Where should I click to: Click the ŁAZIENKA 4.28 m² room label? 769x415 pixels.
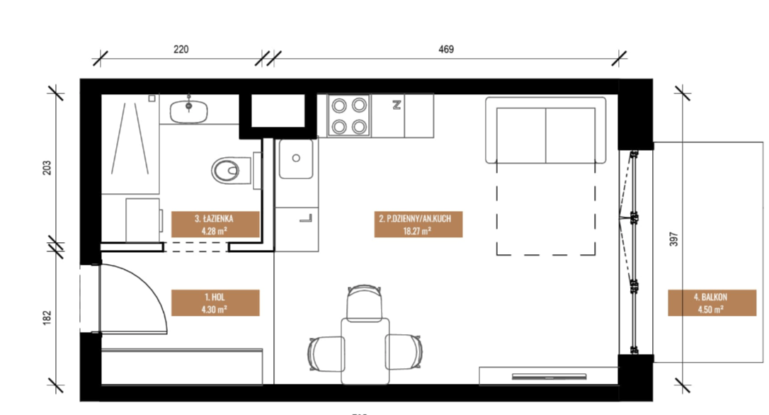tap(215, 224)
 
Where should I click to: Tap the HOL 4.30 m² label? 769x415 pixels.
tap(215, 302)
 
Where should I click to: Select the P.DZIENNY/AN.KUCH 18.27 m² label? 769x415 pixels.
tap(418, 224)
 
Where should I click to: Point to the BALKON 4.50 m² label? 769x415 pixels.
tap(712, 302)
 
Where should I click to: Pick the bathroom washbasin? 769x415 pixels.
tap(189, 110)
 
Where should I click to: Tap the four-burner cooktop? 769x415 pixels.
tap(349, 116)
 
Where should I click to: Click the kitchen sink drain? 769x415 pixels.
tap(296, 158)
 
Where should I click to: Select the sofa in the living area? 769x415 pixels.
tap(546, 130)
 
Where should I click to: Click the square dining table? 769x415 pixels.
tap(365, 351)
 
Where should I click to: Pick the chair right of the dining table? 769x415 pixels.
tap(404, 351)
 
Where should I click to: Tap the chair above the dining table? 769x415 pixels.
tap(364, 303)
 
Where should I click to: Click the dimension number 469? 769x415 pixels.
tap(446, 50)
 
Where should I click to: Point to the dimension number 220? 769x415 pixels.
tap(181, 50)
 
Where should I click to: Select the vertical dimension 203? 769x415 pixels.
tap(47, 168)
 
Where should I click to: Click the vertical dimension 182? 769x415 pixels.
tap(47, 317)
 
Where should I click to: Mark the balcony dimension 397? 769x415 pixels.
tap(674, 239)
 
